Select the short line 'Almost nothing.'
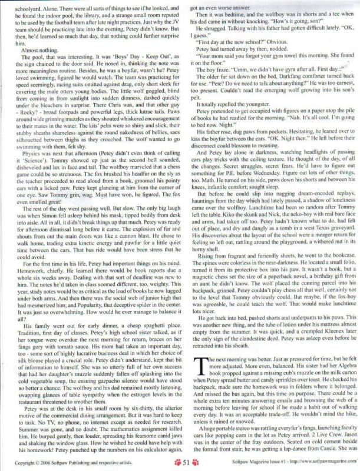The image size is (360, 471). (x=36, y=51)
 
